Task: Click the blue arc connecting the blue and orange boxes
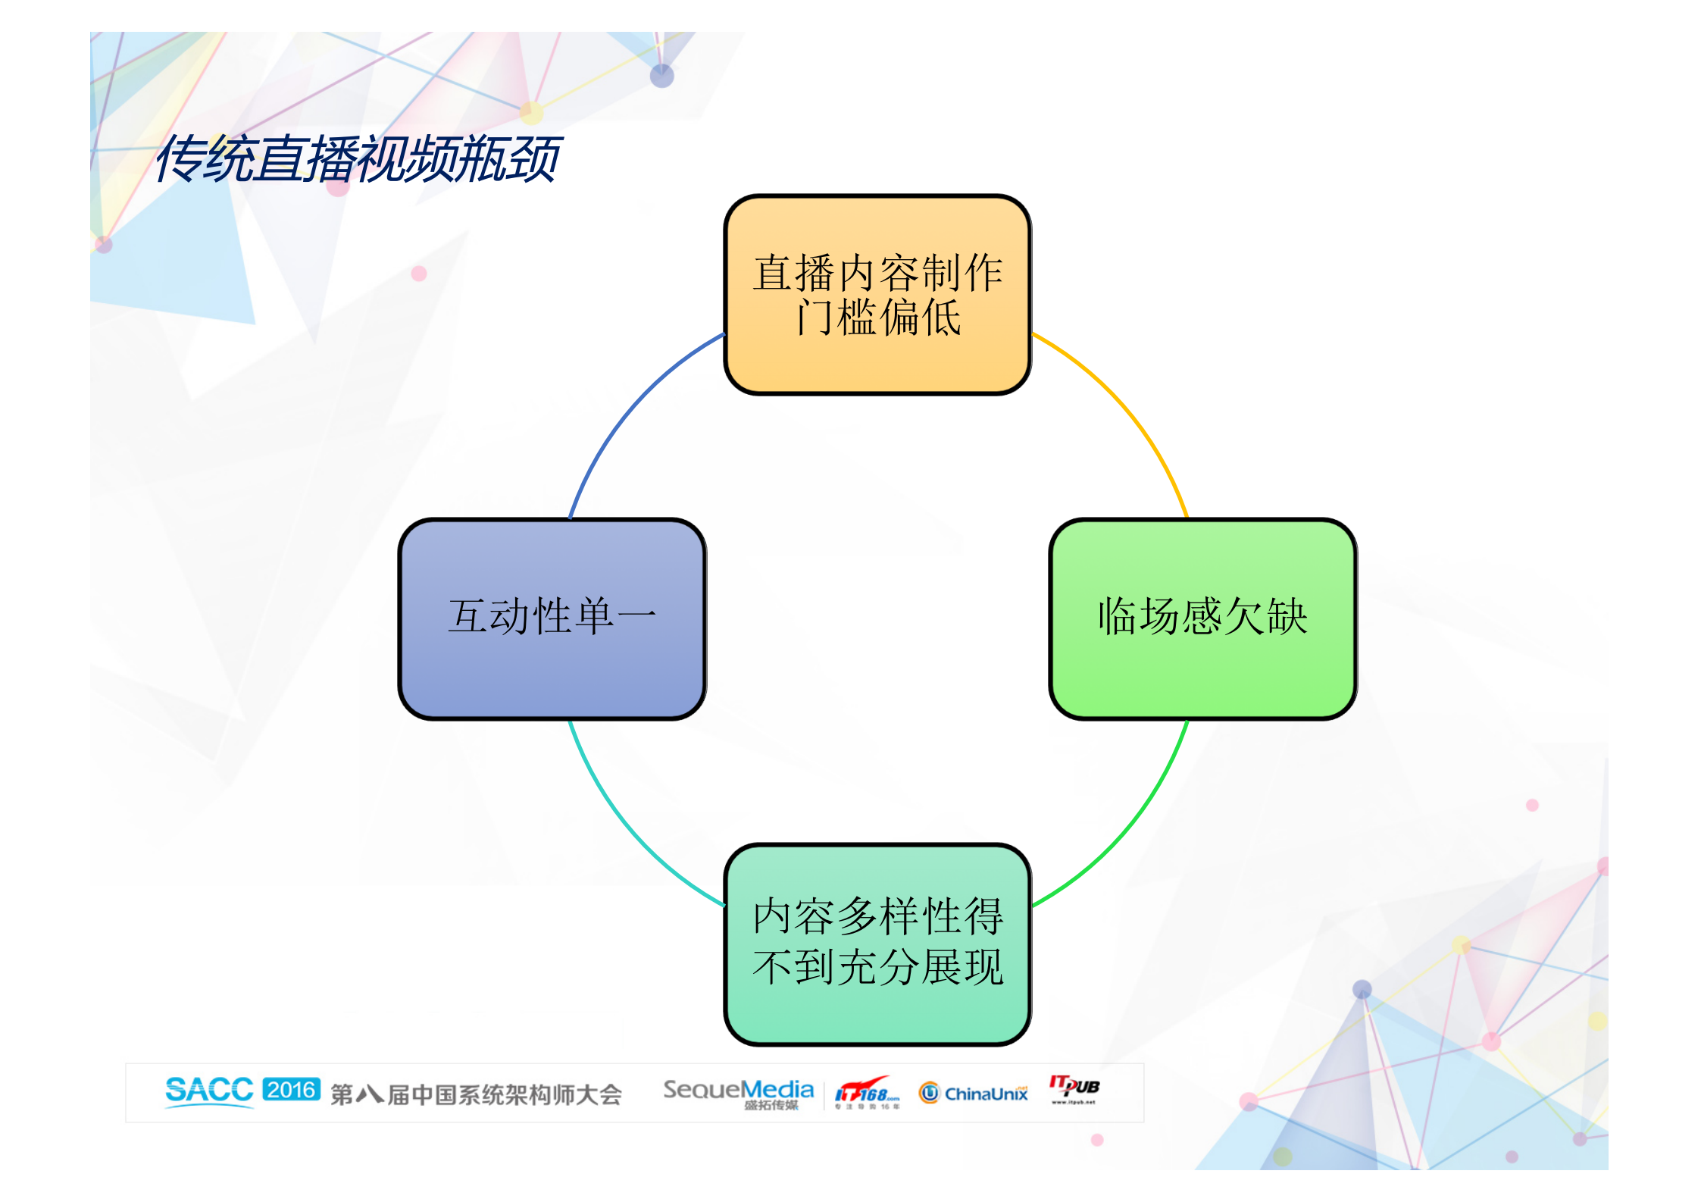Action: (629, 402)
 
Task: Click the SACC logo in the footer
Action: (209, 1091)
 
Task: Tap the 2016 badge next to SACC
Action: (292, 1090)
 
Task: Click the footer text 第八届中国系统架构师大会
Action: (476, 1094)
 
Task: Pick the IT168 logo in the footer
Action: (867, 1093)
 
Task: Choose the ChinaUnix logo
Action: (974, 1093)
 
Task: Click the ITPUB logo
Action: (1074, 1088)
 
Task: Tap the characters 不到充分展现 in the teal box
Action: (877, 967)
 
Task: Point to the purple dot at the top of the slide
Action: (661, 75)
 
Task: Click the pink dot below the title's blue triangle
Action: (418, 274)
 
